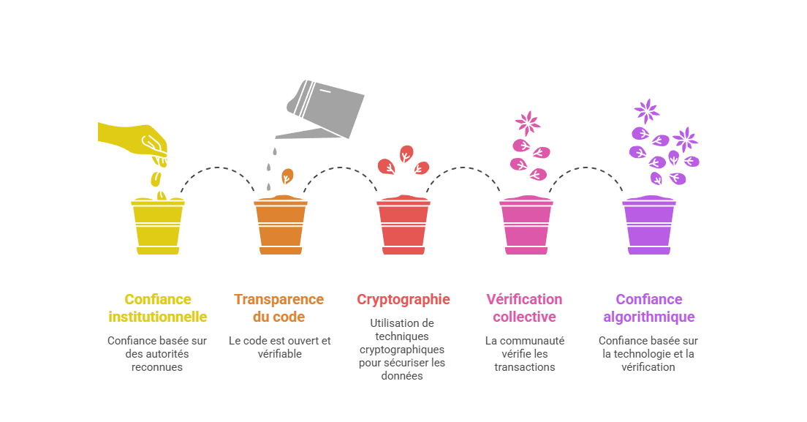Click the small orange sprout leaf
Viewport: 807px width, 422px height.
point(288,176)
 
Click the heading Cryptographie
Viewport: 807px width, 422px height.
point(403,299)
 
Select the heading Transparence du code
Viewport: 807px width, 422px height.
point(279,308)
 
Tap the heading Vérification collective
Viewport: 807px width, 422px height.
point(524,308)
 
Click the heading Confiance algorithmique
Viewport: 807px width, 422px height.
point(649,308)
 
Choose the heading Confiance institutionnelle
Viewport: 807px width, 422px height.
point(158,308)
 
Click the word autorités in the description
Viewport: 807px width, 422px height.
point(167,354)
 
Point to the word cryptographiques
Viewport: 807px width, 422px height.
point(403,350)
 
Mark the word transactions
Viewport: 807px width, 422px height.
point(524,367)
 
